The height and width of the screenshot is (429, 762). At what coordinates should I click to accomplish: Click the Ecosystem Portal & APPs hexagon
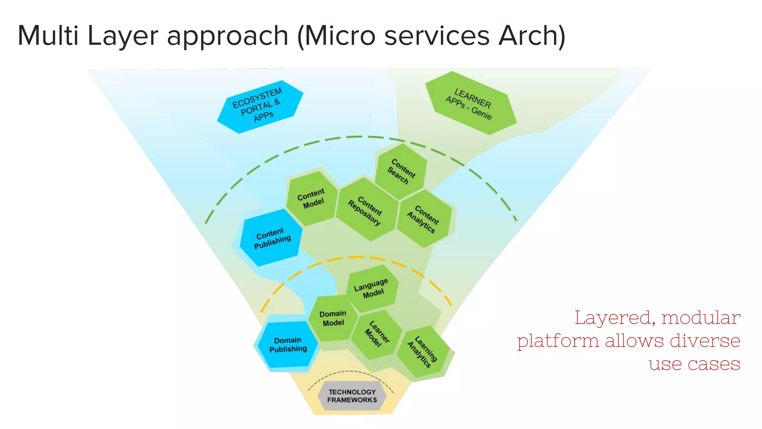tap(260, 107)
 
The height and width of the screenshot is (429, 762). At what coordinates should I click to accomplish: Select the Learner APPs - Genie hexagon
tap(470, 103)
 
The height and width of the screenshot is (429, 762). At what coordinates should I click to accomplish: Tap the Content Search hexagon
tap(401, 171)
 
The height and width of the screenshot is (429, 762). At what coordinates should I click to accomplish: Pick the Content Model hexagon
tap(312, 198)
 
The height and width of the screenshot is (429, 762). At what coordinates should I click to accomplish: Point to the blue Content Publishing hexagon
tap(271, 238)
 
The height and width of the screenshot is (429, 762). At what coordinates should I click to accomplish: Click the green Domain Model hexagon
tap(333, 318)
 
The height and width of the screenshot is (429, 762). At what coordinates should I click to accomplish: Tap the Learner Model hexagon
tap(377, 334)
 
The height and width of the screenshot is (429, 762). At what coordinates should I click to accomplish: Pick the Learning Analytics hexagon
tap(423, 351)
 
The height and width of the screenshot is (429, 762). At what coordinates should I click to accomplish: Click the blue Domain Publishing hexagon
tap(288, 344)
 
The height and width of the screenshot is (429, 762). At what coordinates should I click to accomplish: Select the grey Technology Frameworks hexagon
tap(352, 396)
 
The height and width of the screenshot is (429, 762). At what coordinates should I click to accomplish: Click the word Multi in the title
tap(48, 36)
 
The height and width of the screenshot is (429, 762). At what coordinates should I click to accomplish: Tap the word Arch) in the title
tap(532, 36)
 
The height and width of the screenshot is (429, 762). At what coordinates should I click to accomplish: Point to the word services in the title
tap(437, 36)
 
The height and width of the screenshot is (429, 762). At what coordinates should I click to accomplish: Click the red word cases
tap(714, 364)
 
